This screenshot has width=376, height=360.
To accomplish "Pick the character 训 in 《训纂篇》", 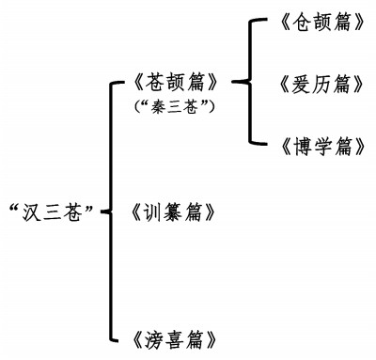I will pos(155,212).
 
